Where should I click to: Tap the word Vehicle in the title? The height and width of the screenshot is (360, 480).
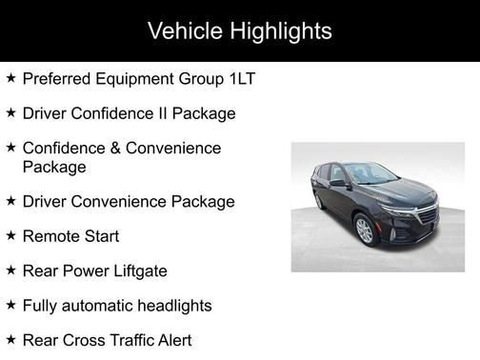181,31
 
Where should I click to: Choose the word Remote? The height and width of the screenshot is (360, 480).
50,236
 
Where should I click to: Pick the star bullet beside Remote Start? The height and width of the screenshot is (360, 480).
10,235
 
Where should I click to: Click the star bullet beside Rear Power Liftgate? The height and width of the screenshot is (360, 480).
10,270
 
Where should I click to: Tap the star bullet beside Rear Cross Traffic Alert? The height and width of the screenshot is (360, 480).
10,339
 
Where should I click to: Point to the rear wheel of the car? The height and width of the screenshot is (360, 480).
319,200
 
